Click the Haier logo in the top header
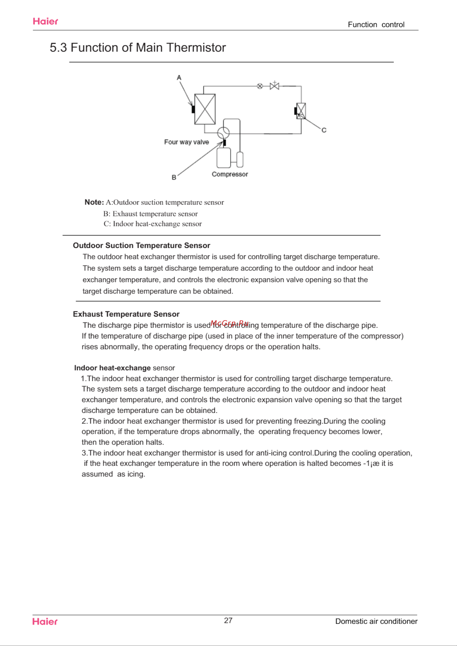(x=45, y=21)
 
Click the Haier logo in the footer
(x=45, y=621)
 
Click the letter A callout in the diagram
(x=179, y=78)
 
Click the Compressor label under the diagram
(x=230, y=174)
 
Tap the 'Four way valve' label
(x=186, y=142)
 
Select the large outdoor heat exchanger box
(x=205, y=109)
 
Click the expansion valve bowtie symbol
(x=274, y=86)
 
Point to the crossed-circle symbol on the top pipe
(x=260, y=86)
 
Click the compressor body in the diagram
(x=224, y=158)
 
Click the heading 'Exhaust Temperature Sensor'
(x=126, y=314)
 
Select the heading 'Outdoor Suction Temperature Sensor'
(x=141, y=245)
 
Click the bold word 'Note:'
(x=94, y=202)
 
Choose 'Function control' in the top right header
(x=376, y=25)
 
